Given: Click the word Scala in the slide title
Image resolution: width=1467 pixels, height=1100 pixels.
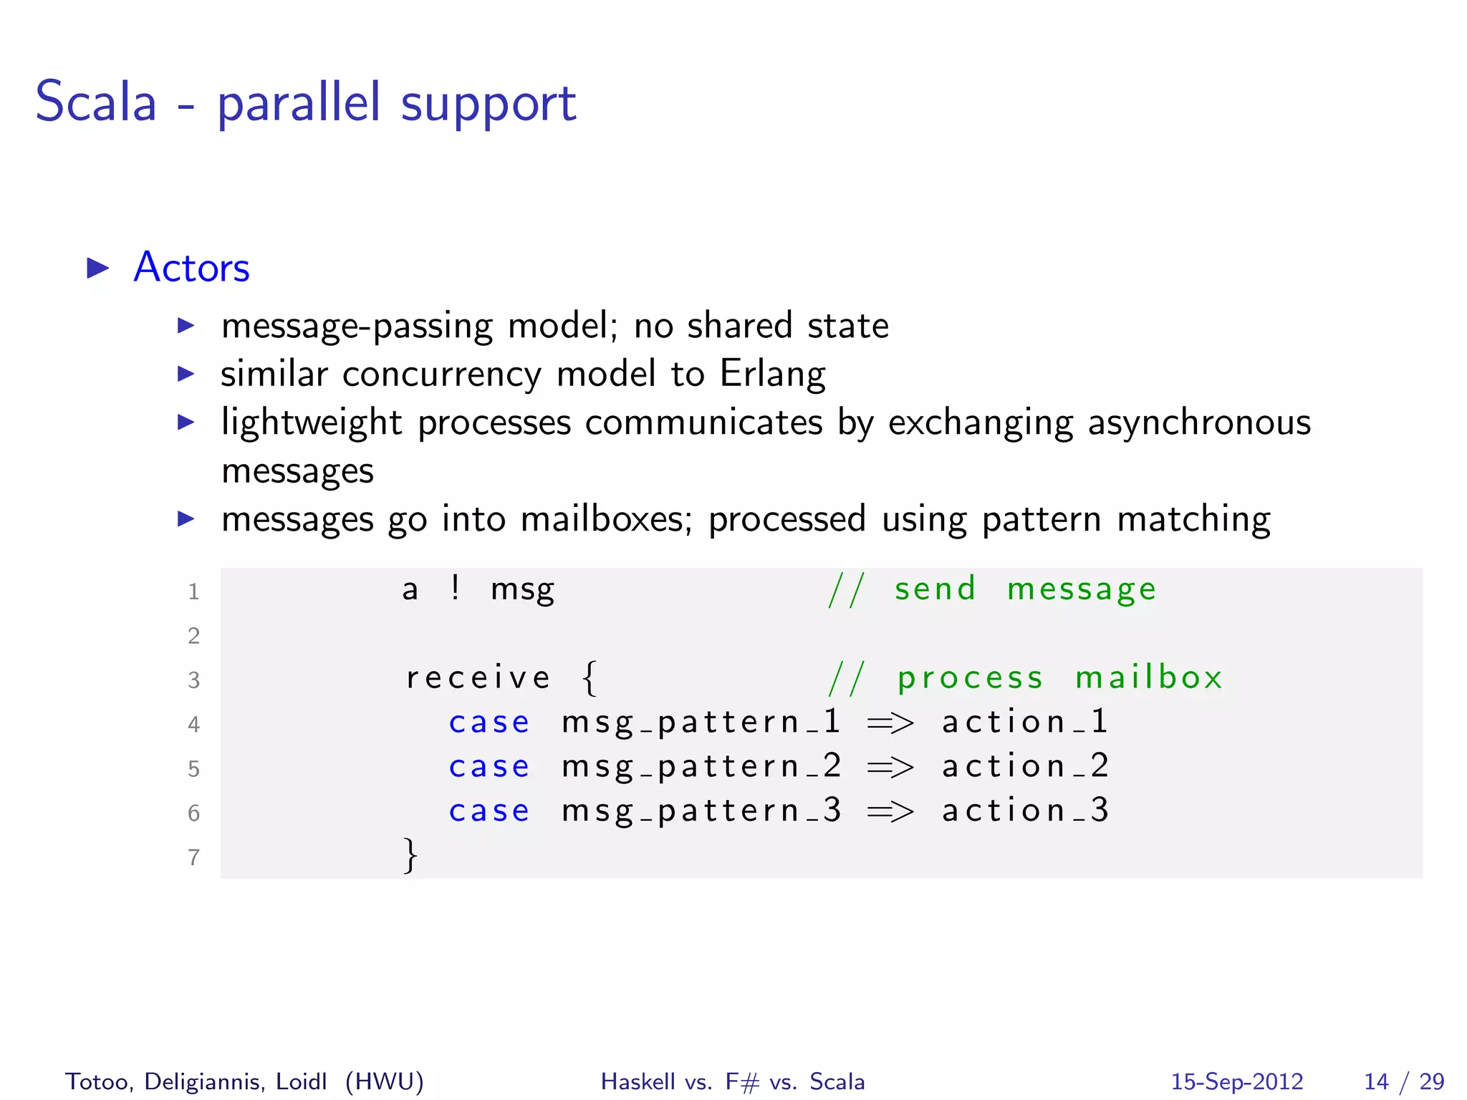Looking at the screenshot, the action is [x=96, y=102].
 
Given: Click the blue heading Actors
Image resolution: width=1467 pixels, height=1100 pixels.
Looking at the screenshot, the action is [x=191, y=268].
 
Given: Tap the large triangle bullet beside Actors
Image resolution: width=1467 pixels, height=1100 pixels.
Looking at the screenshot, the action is [x=98, y=269].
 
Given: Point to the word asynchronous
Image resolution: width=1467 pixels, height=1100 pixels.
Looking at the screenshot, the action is [x=1199, y=423].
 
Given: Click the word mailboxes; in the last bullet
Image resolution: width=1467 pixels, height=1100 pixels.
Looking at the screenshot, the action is [x=606, y=519].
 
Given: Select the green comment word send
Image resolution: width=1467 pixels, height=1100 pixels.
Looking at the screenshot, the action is [x=935, y=589].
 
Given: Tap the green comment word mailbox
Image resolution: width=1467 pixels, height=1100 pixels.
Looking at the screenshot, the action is [x=1149, y=677].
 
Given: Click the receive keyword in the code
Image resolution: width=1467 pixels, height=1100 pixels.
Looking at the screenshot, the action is [x=478, y=677].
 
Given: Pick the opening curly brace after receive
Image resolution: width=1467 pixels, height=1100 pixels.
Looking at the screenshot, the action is [x=589, y=677].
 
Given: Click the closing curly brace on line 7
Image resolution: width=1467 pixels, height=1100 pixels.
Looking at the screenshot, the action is [x=410, y=855].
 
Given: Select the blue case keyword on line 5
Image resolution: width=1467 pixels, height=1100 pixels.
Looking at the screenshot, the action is [x=489, y=767].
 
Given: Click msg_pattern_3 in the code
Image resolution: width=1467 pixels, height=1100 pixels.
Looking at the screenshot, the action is [x=701, y=811].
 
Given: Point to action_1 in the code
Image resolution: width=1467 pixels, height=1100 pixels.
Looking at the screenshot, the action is [x=1025, y=722].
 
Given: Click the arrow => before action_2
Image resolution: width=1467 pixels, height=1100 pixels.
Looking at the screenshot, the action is [x=890, y=768].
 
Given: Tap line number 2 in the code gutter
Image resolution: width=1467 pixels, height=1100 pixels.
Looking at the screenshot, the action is [x=193, y=636].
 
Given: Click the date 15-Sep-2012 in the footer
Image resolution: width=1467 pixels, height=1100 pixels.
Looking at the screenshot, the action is [x=1236, y=1081].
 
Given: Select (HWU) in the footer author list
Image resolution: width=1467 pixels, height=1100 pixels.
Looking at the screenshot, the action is [x=385, y=1081].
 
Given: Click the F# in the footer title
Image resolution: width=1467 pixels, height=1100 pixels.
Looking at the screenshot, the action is [x=741, y=1081].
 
